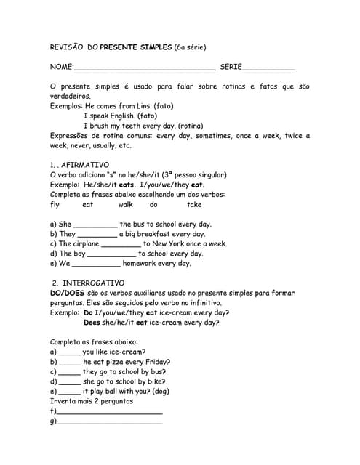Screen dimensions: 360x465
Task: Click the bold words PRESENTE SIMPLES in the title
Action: [135, 47]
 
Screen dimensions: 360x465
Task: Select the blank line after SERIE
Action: [268, 68]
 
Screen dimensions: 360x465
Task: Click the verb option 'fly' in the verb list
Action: [55, 205]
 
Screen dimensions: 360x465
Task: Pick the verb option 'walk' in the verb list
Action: [125, 205]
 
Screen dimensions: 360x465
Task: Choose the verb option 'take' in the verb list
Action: [194, 205]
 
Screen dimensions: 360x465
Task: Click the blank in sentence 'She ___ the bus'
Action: [95, 225]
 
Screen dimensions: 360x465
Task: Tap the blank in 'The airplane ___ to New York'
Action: [121, 245]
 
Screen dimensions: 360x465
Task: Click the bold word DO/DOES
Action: [68, 293]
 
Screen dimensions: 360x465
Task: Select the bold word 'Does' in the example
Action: [92, 323]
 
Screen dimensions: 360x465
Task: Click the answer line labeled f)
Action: [109, 412]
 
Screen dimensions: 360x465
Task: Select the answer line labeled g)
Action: [109, 421]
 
